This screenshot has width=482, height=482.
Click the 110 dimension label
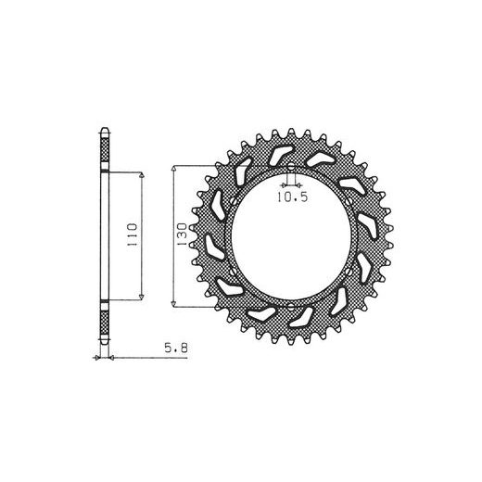132,235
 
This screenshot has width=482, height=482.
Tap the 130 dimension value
182,235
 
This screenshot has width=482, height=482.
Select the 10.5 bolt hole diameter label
292,197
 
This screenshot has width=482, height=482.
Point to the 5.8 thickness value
176,349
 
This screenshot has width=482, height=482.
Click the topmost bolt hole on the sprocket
291,168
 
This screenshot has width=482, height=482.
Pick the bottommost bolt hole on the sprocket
291,307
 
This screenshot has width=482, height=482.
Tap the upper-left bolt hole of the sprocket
234,202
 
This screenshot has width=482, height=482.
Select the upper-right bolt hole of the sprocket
349,202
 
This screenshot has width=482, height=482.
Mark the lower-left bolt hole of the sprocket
234,273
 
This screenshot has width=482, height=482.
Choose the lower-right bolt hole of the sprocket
349,273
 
